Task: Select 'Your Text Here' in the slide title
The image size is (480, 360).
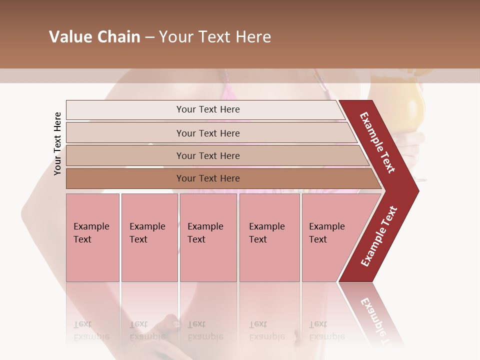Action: coord(215,37)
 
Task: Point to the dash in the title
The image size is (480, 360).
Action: coord(149,37)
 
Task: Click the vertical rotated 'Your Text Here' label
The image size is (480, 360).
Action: coord(57,143)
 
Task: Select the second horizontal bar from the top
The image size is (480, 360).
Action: coord(208,133)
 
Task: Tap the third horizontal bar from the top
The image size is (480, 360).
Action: coord(208,155)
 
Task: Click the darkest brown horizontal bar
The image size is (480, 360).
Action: coord(208,178)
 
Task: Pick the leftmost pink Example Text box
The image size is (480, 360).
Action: coord(92,237)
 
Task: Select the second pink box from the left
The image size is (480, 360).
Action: coord(149,237)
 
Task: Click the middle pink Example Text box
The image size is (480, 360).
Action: coord(208,237)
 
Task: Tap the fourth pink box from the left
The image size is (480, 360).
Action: coord(269,237)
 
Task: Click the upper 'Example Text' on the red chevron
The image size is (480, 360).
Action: coord(377,142)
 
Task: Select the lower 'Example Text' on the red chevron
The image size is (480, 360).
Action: coord(379,236)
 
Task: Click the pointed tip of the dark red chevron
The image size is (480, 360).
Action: coord(417,190)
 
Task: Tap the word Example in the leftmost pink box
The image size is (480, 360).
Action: coord(91,226)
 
